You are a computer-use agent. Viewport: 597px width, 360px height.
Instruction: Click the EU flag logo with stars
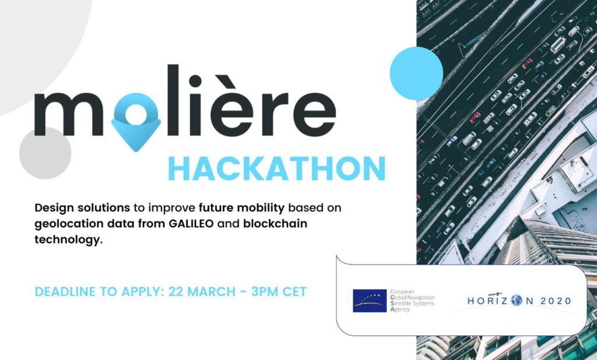(369, 301)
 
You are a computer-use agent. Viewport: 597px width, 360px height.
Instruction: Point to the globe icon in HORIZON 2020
(517, 301)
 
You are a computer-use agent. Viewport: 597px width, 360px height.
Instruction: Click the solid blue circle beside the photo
(416, 73)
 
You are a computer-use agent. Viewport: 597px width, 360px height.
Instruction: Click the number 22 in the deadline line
(177, 292)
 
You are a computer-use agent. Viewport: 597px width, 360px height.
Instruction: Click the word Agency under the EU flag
(399, 309)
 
